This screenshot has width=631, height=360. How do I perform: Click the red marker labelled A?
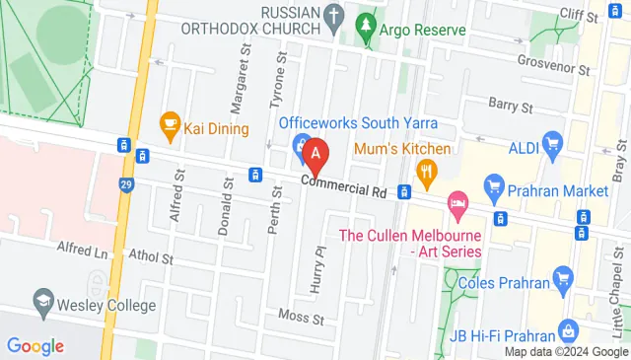point(315,154)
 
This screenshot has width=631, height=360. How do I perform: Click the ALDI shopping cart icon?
point(553,146)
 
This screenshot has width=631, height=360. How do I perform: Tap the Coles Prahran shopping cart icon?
point(563,278)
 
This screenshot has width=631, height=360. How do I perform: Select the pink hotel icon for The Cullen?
point(456,206)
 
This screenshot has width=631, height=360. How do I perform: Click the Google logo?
point(35,345)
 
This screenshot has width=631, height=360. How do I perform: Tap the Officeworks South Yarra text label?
point(358,123)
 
